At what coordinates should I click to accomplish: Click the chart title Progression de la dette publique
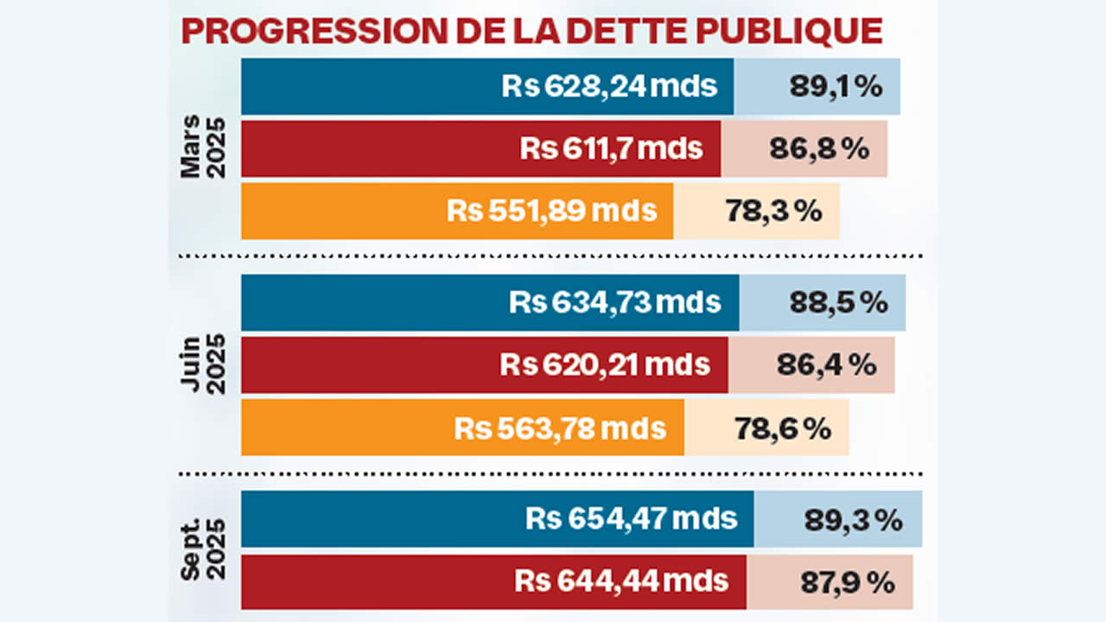tap(531, 30)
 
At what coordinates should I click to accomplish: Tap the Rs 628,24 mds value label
tap(609, 86)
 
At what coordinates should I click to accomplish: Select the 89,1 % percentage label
tap(836, 86)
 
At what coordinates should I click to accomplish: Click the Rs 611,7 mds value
tap(611, 149)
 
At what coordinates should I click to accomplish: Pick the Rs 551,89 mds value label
tap(552, 211)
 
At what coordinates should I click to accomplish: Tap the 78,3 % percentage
tap(773, 211)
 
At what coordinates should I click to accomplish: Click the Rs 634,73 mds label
tap(614, 302)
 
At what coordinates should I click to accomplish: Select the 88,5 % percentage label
tap(838, 302)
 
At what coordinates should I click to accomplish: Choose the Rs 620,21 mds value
tap(605, 365)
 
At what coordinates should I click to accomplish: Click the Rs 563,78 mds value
tap(560, 428)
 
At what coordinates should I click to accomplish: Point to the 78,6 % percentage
tap(782, 428)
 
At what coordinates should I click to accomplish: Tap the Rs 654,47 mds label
tap(631, 519)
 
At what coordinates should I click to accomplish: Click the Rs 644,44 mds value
tap(621, 581)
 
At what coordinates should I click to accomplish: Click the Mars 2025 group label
tap(202, 147)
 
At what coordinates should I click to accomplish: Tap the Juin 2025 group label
tap(202, 365)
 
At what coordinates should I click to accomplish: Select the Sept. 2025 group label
tap(202, 550)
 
